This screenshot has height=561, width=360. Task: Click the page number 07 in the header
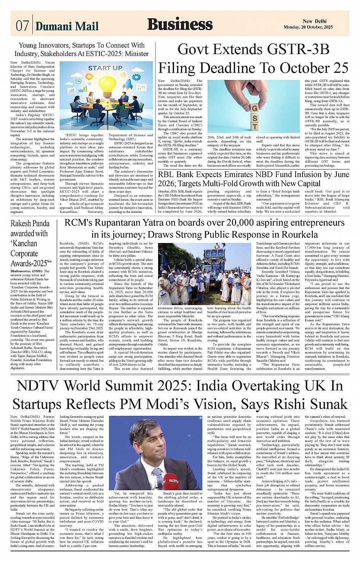[x=22, y=26]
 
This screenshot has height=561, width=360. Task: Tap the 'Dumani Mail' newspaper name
[x=67, y=26]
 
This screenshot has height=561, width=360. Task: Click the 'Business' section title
[x=180, y=24]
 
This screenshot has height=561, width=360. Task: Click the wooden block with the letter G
[x=254, y=109]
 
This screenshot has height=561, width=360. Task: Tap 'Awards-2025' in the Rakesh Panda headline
[x=30, y=263]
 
